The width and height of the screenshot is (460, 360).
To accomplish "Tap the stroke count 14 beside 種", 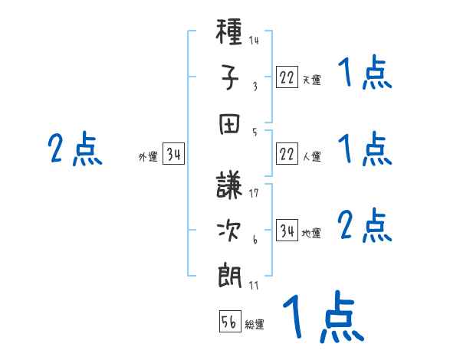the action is coord(254,40).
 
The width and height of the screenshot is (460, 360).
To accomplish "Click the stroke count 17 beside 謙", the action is coord(254,192).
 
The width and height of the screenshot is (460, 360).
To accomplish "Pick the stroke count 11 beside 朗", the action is coord(254,285).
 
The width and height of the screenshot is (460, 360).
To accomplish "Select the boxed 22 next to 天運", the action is coord(287,77).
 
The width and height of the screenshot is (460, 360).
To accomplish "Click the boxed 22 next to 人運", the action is coord(287,155).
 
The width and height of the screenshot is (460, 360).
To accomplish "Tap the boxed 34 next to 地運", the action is coord(287,231).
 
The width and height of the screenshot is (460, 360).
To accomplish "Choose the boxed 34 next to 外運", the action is coord(173,155).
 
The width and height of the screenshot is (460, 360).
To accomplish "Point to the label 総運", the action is coord(255,325).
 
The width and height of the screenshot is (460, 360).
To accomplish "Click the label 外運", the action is coord(148,157).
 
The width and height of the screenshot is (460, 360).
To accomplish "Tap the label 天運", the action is coord(311,80).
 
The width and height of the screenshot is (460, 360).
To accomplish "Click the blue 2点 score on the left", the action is coord(74,149).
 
